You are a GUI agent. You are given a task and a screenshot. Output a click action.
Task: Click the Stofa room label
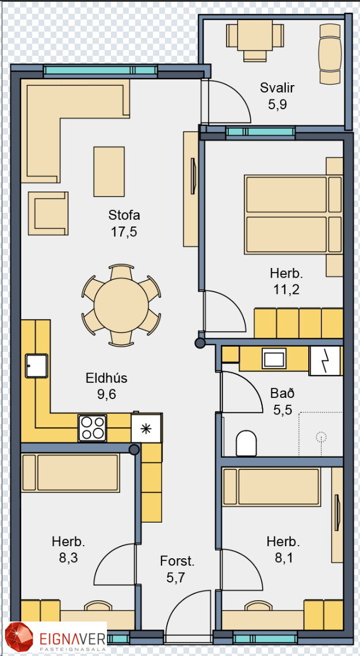click(x=124, y=215)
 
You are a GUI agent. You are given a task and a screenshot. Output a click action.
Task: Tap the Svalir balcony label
click(x=277, y=88)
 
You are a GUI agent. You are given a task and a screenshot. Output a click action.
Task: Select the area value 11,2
click(x=286, y=290)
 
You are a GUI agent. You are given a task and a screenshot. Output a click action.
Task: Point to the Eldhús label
click(x=106, y=378)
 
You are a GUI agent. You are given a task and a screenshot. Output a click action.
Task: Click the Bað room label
click(x=282, y=393)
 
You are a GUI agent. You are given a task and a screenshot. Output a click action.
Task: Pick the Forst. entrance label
click(x=178, y=561)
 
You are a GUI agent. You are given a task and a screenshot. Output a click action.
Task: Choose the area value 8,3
click(x=68, y=558)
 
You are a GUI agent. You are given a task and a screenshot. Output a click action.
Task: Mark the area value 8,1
click(x=283, y=558)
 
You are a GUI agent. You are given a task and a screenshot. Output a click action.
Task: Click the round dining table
click(x=121, y=305)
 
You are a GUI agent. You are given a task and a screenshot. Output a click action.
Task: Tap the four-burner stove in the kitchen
click(x=92, y=428)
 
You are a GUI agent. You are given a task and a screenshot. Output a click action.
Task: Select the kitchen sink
click(x=36, y=366)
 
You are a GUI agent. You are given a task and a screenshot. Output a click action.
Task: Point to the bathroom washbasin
click(x=274, y=359)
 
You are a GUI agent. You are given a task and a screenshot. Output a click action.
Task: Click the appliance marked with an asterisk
click(x=146, y=428)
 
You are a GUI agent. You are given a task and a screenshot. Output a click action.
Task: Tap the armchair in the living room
click(x=48, y=213)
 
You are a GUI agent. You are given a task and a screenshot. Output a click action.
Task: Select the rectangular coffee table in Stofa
click(x=109, y=171)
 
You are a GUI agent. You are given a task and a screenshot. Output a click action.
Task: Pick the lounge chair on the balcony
click(x=330, y=53)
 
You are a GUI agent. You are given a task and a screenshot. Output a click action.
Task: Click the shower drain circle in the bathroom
click(x=321, y=437)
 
